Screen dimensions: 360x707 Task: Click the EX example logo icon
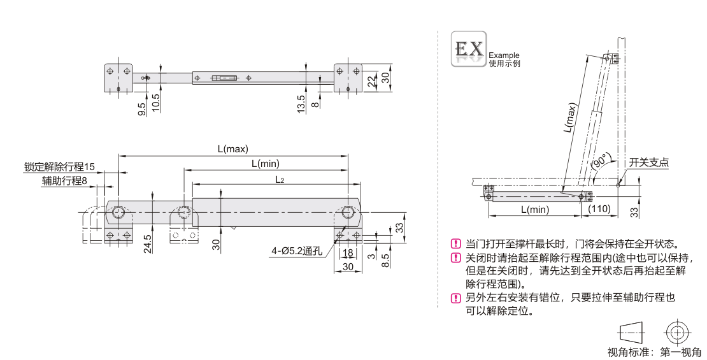468,49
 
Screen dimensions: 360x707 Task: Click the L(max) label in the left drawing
232,149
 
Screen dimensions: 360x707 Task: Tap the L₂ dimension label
280,180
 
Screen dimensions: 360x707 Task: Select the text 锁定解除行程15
60,167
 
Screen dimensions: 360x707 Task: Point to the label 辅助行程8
64,180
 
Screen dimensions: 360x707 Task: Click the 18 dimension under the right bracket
348,253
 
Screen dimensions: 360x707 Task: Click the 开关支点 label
649,162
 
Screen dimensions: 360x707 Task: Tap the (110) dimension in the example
599,209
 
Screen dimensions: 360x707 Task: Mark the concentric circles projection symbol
676,331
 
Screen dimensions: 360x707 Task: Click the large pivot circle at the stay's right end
348,213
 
